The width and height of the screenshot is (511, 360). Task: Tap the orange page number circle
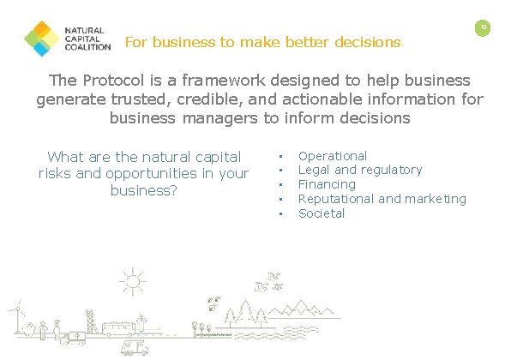[484, 28]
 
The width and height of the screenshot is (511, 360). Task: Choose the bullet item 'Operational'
[333, 156]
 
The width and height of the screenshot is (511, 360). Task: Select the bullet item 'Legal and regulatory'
[360, 170]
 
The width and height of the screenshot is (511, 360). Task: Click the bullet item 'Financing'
[327, 184]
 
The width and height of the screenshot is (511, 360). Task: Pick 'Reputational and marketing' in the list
[382, 199]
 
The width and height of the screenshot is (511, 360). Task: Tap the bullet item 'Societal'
[322, 213]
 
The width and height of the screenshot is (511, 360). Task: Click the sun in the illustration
[133, 280]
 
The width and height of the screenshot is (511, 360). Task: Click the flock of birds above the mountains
[274, 279]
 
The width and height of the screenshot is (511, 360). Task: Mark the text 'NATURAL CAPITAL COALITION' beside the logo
[86, 39]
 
